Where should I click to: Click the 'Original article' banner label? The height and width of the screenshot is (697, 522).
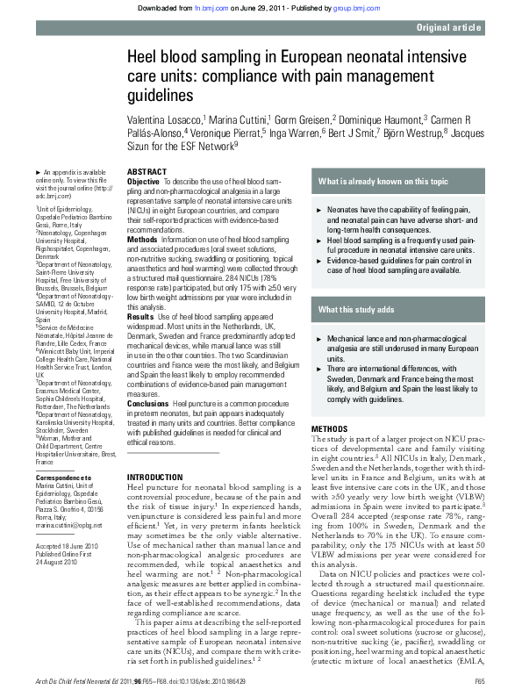pos(448,28)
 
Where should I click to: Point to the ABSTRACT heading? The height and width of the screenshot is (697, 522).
pos(147,172)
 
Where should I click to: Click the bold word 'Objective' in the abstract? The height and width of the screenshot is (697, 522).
pos(144,182)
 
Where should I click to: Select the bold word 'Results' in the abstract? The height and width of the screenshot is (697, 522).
pos(141,315)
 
